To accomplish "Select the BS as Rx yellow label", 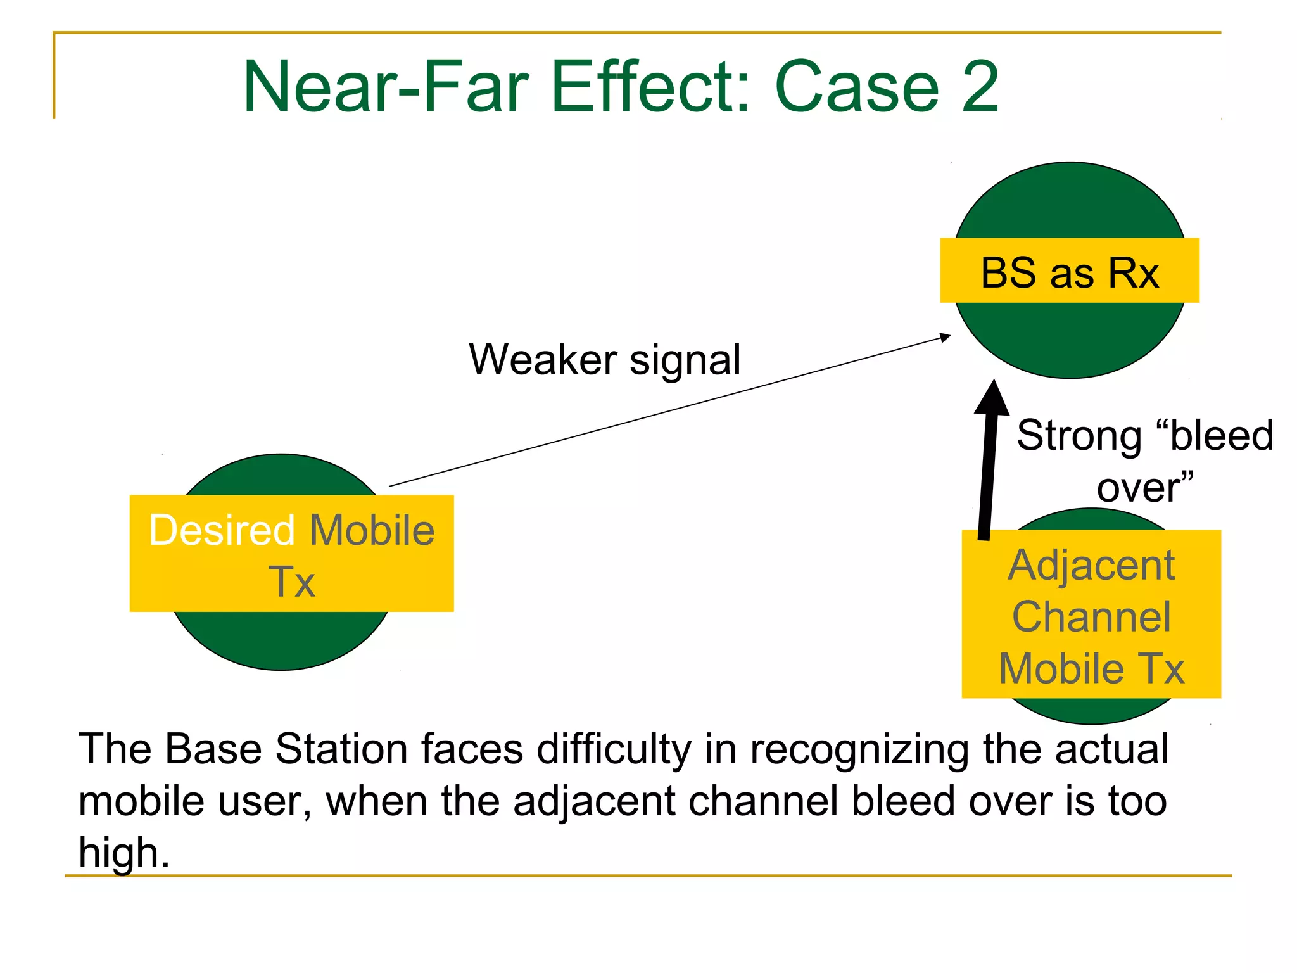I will point(1069,271).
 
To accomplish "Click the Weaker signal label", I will point(604,359).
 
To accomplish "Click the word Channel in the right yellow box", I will point(1091,616).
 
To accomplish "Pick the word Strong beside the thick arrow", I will point(1078,436).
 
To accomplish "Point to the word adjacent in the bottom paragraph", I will point(595,802).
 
